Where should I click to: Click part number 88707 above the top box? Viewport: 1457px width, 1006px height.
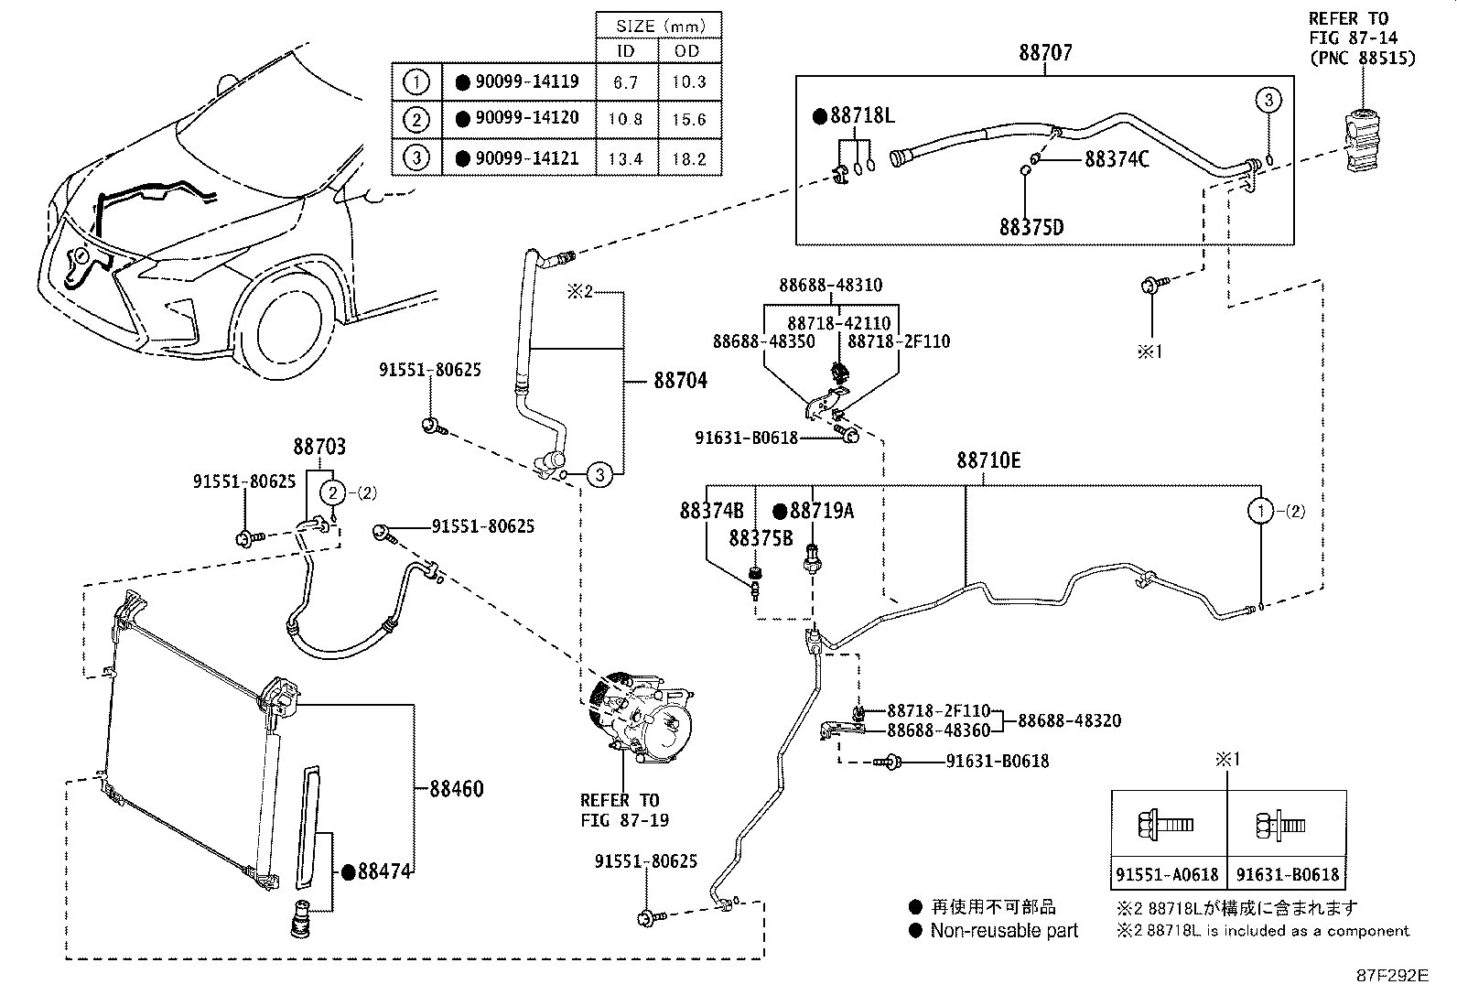click(x=1045, y=52)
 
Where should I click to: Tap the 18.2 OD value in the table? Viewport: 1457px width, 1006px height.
click(x=689, y=158)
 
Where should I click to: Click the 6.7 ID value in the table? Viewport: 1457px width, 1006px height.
click(x=625, y=82)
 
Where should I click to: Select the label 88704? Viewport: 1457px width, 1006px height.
click(x=680, y=381)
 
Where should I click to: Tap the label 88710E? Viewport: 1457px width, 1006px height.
click(x=988, y=460)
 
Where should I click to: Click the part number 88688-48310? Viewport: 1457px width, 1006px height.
click(x=830, y=285)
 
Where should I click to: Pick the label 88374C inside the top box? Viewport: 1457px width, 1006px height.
click(x=1117, y=159)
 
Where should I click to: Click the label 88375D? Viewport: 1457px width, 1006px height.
click(x=1031, y=227)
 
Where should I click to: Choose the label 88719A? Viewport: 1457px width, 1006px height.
click(x=821, y=511)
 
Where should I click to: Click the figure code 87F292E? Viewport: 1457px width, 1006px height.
click(x=1391, y=975)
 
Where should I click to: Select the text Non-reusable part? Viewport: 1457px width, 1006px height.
click(x=1004, y=931)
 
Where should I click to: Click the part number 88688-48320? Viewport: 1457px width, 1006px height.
click(x=1069, y=720)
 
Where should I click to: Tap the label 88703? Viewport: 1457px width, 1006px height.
click(x=319, y=447)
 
